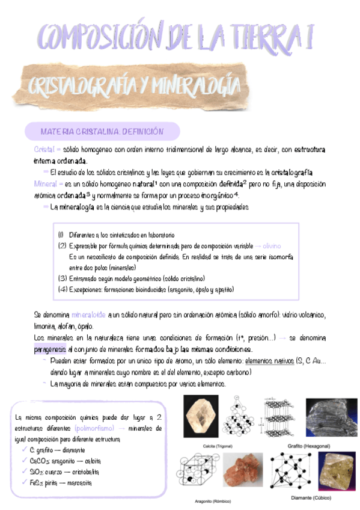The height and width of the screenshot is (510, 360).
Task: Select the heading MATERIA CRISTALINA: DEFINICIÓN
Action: (x=102, y=131)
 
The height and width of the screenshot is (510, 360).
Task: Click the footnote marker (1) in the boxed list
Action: (x=61, y=235)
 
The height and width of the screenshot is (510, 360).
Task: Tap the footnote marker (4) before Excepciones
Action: (x=63, y=289)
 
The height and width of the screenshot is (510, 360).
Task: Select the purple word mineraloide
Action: (x=88, y=315)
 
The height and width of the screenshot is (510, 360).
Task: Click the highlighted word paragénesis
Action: (x=50, y=349)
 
